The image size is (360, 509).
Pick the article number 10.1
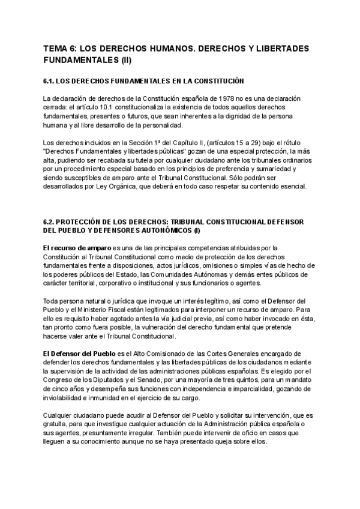pos(105,107)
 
